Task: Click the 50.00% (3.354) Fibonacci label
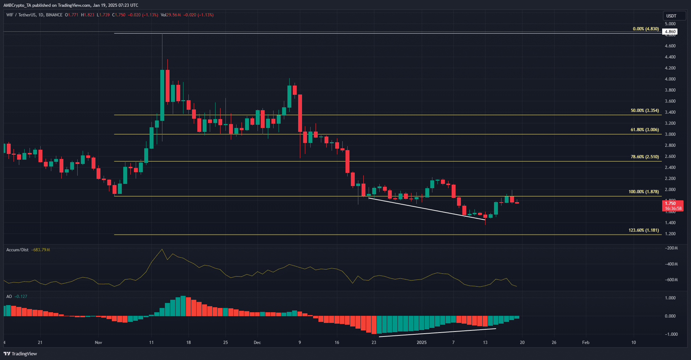click(x=645, y=110)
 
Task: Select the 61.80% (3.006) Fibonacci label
click(x=645, y=130)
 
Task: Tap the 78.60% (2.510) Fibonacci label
click(x=645, y=157)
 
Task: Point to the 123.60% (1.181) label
click(x=644, y=230)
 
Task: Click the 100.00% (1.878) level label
click(x=644, y=192)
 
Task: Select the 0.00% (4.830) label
click(x=646, y=29)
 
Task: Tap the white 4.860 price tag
click(x=670, y=32)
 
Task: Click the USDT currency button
click(x=671, y=16)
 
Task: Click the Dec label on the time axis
click(x=257, y=343)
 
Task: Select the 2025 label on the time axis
click(x=421, y=343)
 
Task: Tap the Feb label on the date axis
click(x=586, y=343)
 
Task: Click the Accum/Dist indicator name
click(x=17, y=250)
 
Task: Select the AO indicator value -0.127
click(x=21, y=297)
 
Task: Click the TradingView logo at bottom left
click(x=20, y=354)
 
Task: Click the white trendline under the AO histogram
click(x=437, y=332)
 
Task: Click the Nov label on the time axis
click(x=98, y=343)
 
